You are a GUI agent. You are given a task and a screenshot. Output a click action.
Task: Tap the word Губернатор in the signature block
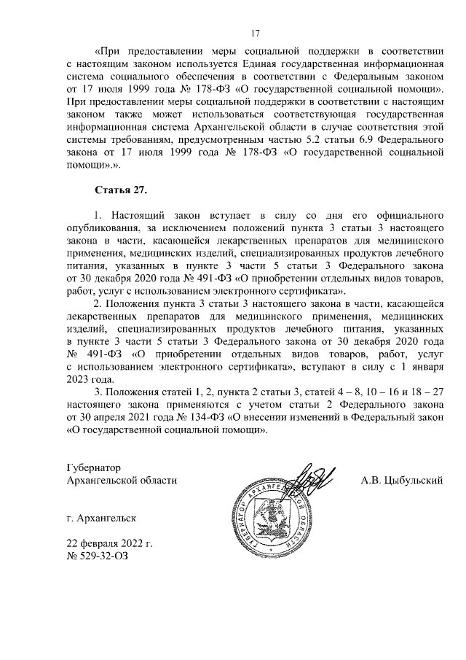tap(92, 467)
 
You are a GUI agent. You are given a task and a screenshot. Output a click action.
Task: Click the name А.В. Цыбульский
tap(402, 480)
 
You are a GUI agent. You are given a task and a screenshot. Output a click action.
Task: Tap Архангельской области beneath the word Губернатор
tap(122, 480)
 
